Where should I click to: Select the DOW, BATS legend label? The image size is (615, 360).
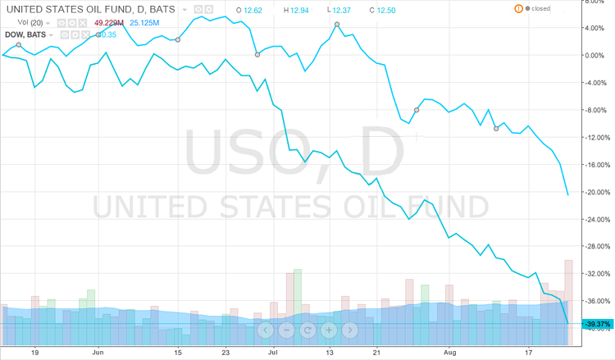pyautogui.click(x=25, y=34)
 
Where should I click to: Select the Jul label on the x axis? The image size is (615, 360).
pyautogui.click(x=273, y=350)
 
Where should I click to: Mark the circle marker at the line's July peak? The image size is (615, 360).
pyautogui.click(x=338, y=25)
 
